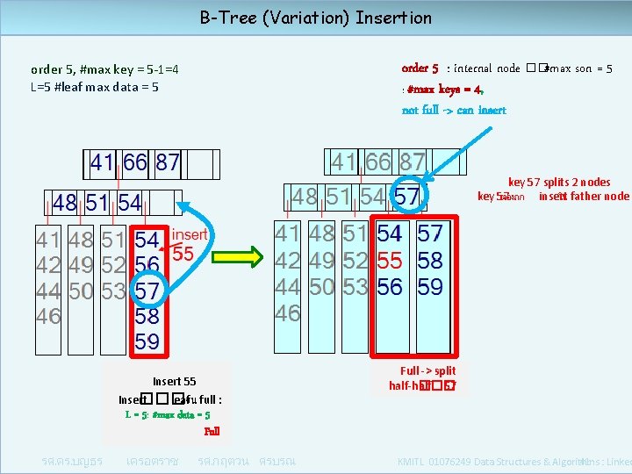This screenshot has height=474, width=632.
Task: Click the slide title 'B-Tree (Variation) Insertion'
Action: pos(316,18)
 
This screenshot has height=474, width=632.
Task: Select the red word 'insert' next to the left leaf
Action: pos(189,233)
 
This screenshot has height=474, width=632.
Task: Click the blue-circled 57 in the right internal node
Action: pos(406,197)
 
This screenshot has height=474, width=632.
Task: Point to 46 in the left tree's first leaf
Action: pos(48,316)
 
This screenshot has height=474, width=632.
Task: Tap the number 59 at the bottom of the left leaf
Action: pos(147,341)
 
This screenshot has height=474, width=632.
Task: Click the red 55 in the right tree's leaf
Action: pos(390,261)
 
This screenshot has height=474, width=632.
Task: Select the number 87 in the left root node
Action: pos(168,162)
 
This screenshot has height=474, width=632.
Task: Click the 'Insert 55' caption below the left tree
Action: pos(175,381)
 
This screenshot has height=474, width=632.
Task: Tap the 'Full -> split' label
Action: pos(427,370)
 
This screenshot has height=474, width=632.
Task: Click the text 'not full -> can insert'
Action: pos(454,110)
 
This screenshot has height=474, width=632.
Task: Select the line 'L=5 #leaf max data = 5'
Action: pos(95,86)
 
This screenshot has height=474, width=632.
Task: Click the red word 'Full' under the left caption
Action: pos(212,431)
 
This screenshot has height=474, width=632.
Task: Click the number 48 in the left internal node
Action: pos(64,203)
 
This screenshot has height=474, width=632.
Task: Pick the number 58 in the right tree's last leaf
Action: pos(430,261)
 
